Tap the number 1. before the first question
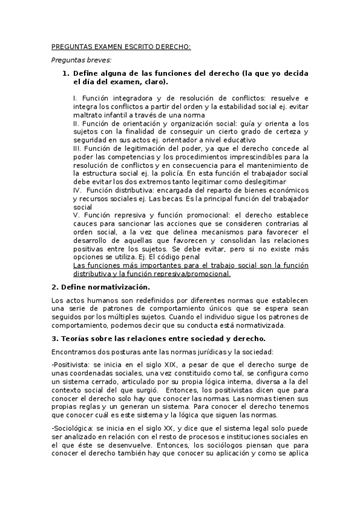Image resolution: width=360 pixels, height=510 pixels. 67,73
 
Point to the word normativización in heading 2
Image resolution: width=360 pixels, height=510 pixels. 115,287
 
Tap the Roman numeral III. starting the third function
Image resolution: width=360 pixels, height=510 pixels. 78,148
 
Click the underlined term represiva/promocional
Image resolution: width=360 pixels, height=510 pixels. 196,274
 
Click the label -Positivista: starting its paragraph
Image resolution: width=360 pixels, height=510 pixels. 70,364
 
